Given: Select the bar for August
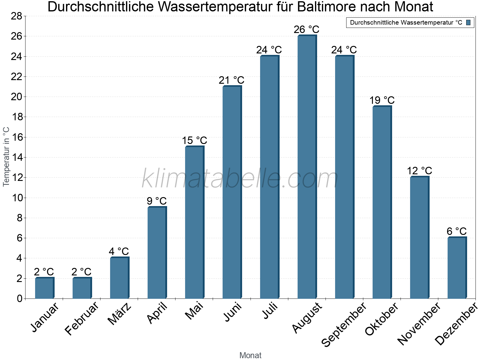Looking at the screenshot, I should point(307,167).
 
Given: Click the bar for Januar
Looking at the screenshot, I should point(44,288).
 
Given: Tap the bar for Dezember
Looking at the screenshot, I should point(457,268).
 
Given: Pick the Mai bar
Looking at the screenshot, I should point(194,222).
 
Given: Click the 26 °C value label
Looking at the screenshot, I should point(307,30).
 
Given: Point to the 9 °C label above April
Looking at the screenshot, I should point(157,201).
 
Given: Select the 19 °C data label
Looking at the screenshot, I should point(382,100).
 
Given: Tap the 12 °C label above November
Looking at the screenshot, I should point(419,171).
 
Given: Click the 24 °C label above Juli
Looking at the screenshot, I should point(269,50).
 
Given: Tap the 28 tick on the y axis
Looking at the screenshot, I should point(16,16).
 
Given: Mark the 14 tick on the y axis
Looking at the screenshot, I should point(16,157).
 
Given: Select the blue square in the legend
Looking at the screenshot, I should point(468,22).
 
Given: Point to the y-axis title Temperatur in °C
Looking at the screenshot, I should point(6,157).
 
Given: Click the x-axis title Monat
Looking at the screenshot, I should point(250,355).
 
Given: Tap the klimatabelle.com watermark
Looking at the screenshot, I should point(240,179).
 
